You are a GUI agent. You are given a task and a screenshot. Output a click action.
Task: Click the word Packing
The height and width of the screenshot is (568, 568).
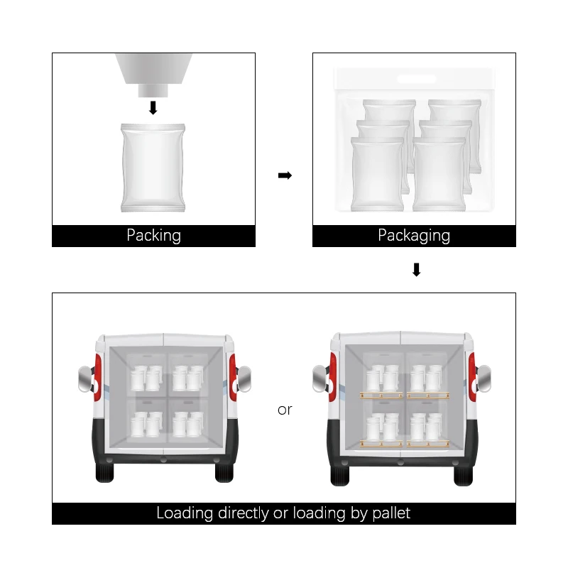click(153, 236)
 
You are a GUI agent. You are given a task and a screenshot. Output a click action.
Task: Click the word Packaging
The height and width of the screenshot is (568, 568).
click(414, 236)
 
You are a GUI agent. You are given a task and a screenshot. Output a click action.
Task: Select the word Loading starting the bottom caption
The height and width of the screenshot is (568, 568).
click(185, 513)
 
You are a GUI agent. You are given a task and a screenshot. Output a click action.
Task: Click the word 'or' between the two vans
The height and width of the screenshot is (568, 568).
click(285, 410)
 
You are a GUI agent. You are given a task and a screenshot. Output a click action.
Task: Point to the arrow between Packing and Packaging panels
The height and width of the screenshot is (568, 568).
click(285, 175)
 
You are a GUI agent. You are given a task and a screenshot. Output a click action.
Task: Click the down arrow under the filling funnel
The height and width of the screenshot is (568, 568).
click(153, 108)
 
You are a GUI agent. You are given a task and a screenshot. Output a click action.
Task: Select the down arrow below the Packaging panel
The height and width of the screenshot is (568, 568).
click(417, 270)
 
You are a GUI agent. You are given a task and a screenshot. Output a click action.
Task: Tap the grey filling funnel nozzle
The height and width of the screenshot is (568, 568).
click(153, 75)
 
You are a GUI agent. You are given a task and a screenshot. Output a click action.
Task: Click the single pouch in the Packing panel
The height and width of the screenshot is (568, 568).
click(153, 168)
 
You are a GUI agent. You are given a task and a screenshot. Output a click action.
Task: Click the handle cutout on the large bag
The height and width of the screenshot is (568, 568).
click(416, 79)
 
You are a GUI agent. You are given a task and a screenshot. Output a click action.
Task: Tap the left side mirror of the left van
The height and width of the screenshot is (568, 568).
click(85, 379)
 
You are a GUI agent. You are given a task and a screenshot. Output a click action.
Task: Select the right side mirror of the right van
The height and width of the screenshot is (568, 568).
click(484, 378)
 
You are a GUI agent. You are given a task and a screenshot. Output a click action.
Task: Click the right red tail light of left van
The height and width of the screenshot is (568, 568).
click(233, 377)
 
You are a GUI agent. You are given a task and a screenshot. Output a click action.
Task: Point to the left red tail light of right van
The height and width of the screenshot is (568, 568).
click(332, 377)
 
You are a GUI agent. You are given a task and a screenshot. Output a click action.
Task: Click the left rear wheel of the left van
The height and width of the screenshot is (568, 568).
click(104, 473)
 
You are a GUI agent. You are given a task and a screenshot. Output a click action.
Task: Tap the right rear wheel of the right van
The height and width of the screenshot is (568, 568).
click(464, 476)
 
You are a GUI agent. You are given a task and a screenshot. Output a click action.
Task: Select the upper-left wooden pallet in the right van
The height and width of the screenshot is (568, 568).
click(381, 395)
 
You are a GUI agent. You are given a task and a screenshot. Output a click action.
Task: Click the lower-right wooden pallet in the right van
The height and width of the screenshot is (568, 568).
click(428, 443)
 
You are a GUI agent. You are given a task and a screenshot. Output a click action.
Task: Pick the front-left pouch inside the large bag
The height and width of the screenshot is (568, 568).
click(378, 174)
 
